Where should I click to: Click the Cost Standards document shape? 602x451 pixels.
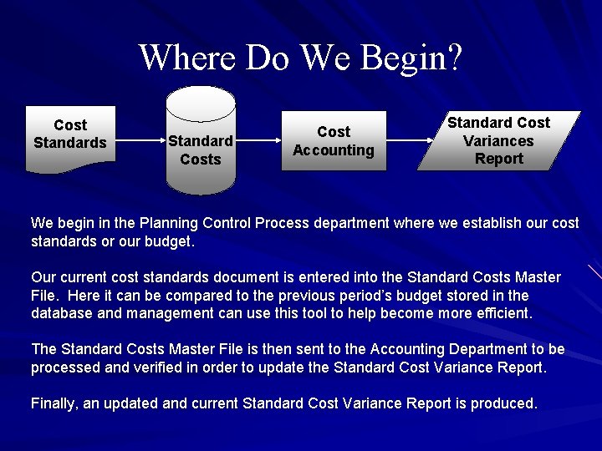tap(69, 138)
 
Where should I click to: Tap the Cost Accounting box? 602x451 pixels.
tap(333, 141)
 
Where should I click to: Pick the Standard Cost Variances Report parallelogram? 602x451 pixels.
tap(498, 140)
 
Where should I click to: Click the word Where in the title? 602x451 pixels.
tap(188, 58)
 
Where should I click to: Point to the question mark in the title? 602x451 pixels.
tap(454, 58)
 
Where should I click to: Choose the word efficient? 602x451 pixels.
tap(500, 313)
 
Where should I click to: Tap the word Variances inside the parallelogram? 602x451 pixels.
tap(498, 140)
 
